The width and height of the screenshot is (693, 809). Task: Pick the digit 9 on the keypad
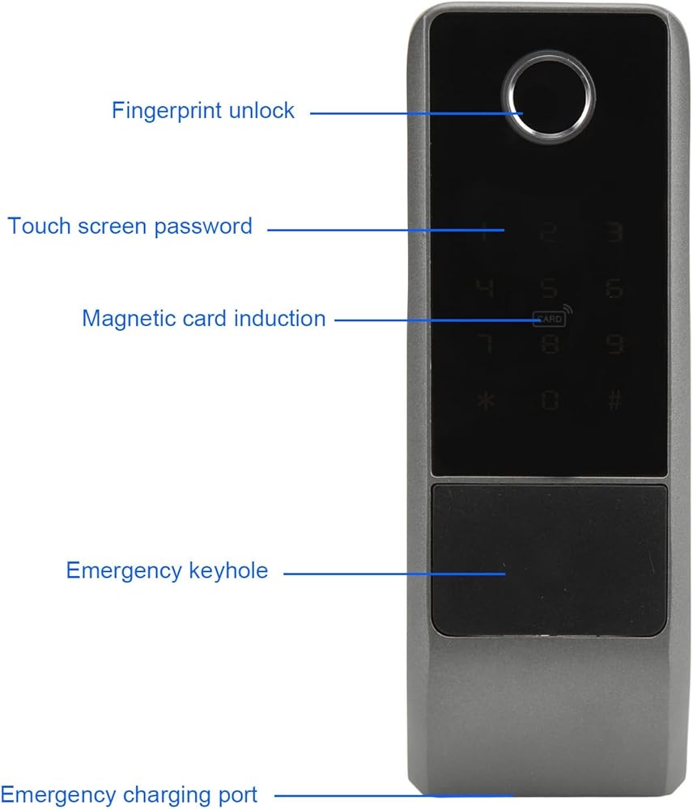click(615, 345)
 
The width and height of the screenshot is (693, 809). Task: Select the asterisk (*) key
click(485, 400)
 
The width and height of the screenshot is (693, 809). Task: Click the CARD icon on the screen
click(548, 319)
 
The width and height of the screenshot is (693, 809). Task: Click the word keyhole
click(227, 571)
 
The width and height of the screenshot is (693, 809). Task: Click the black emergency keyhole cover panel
click(550, 559)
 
